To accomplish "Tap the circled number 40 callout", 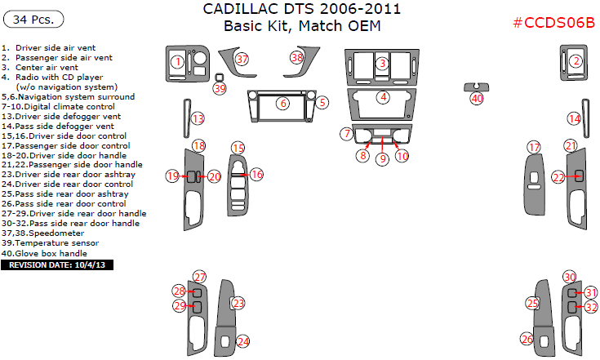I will point(477,98).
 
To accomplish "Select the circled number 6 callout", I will point(282,104).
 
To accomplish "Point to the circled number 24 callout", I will point(242,340).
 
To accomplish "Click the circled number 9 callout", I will point(381,159).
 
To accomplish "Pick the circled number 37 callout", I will point(242,59).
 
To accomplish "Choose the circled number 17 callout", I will point(534,147).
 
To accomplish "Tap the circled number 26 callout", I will point(527,340).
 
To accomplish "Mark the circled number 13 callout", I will point(198,119).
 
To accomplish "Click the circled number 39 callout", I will point(219,88).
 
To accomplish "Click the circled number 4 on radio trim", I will point(382,97).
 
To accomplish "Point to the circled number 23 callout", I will point(238,303).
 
